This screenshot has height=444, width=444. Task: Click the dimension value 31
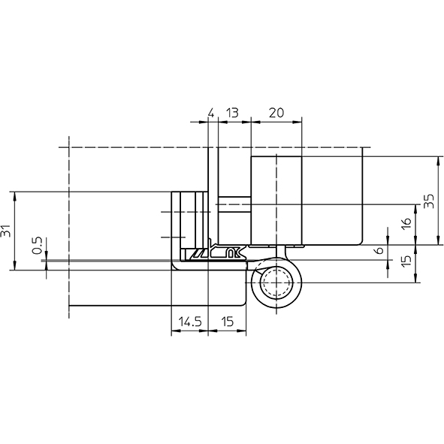click(6, 231)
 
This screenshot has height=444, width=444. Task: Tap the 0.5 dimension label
click(37, 245)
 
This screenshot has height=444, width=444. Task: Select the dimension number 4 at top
click(211, 113)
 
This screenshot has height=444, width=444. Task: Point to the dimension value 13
click(232, 113)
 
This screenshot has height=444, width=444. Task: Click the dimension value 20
click(276, 113)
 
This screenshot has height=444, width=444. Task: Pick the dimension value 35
click(429, 201)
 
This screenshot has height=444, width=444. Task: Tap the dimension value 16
click(406, 224)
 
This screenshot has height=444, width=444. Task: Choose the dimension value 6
click(379, 250)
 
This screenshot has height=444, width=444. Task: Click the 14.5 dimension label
click(190, 322)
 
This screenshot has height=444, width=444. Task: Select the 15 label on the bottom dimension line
click(227, 322)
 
